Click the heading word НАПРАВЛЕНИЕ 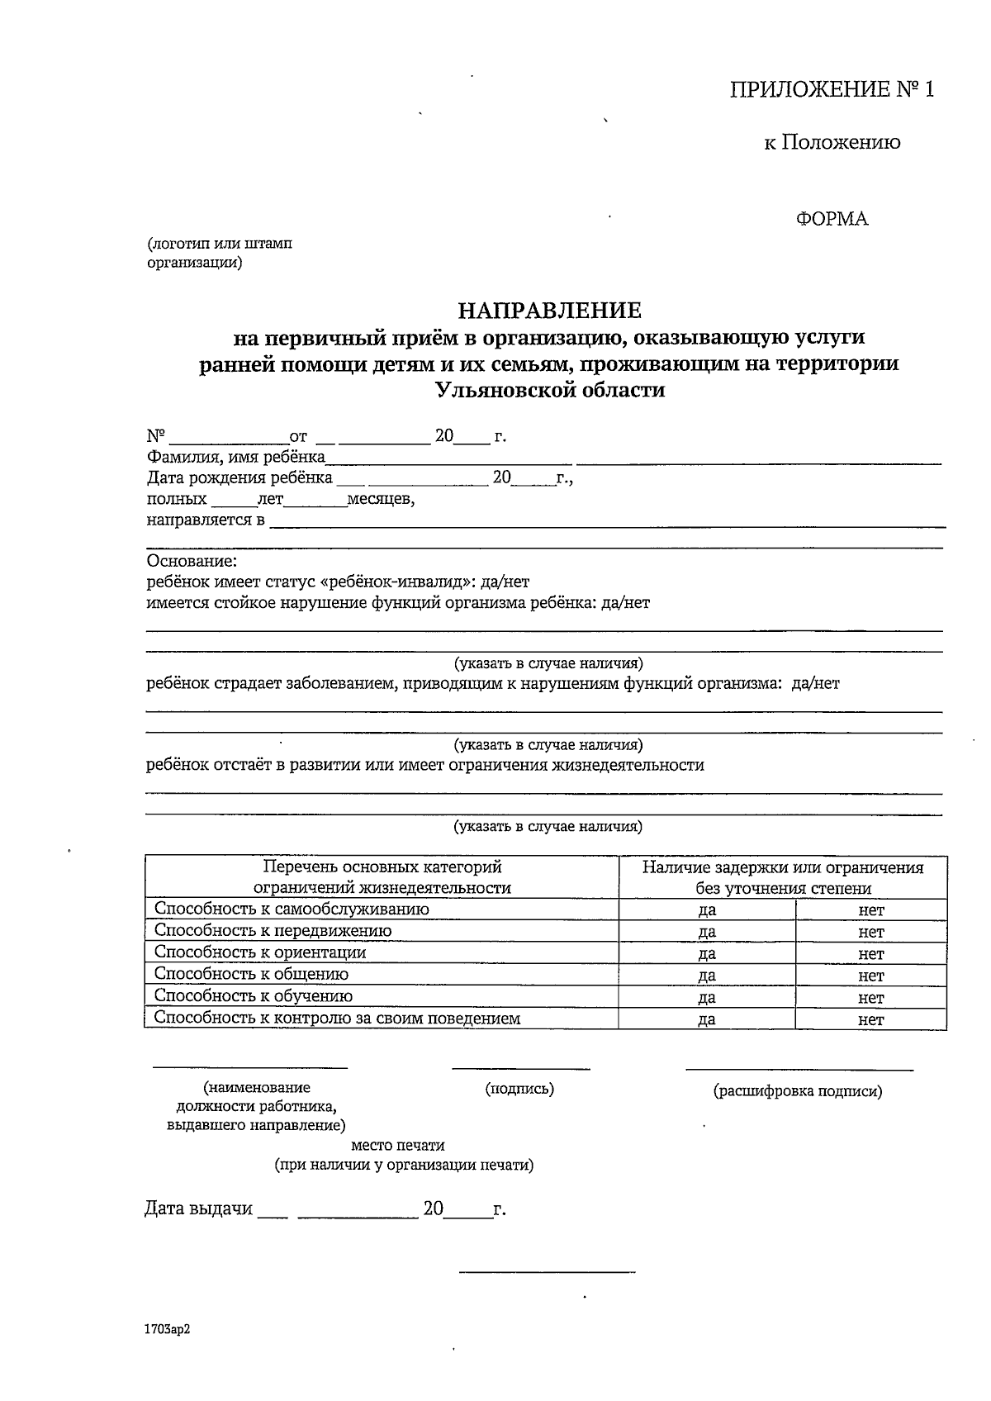coord(550,311)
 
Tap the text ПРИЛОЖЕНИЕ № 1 coord(832,90)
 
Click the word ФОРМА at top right coord(832,219)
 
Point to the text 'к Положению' coord(832,142)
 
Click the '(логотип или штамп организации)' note coord(219,254)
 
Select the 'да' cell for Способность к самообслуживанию coord(707,910)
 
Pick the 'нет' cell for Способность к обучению coord(871,997)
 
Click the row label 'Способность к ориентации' coord(260,952)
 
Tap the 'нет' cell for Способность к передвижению coord(871,932)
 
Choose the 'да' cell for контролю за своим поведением coord(707,1019)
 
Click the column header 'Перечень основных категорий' coord(382,867)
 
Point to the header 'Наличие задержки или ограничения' coord(782,867)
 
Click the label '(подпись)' coord(519,1089)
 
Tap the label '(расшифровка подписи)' coord(798,1091)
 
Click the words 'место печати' coord(398,1146)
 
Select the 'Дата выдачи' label coord(198,1209)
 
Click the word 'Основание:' coord(192,562)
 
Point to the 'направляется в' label coord(206,520)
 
